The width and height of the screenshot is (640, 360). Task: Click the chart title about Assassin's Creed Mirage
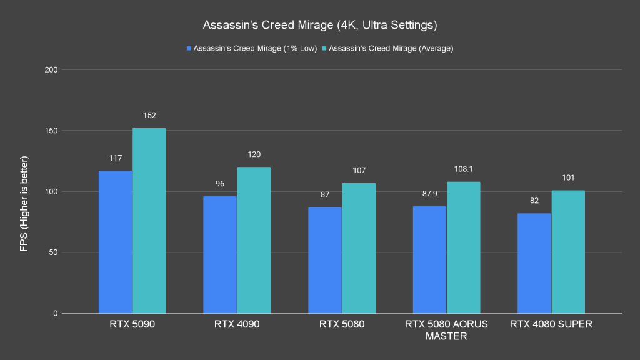[x=319, y=26]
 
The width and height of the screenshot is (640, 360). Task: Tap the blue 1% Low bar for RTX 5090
[x=116, y=242]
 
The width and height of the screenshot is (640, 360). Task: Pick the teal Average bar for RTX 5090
[x=149, y=221]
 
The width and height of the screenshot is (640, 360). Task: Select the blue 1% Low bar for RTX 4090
[x=220, y=255]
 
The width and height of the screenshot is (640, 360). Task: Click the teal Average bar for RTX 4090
[x=254, y=240]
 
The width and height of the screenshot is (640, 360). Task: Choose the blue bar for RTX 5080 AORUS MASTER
[x=429, y=259]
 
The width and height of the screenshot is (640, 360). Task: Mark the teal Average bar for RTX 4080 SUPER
[x=567, y=252]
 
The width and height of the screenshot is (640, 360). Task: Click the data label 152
[x=149, y=116]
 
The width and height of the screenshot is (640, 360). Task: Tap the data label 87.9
[x=429, y=194]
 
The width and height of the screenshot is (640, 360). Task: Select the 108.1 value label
[x=463, y=169]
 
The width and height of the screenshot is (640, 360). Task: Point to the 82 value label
[x=534, y=201]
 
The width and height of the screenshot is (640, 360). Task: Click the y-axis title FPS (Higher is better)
[x=24, y=191]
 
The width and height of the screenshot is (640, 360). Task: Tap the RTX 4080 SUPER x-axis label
[x=551, y=324]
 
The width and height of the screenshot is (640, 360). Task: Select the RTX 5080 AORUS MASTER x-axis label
[x=446, y=330]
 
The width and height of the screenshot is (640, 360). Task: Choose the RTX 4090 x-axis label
[x=237, y=324]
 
